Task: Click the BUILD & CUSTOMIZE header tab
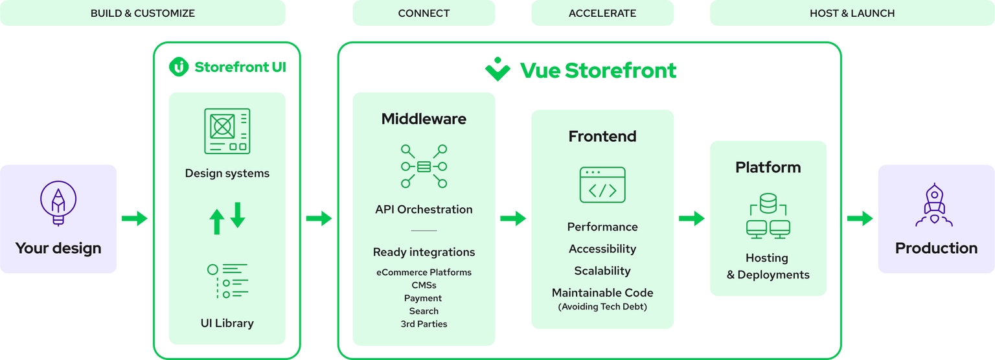point(143,13)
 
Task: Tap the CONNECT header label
point(424,14)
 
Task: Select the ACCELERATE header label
point(602,14)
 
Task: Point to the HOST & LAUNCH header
point(852,14)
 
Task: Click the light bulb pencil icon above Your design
point(58,203)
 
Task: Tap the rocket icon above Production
point(934,205)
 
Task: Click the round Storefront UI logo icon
point(179,67)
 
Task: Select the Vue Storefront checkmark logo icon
point(497,69)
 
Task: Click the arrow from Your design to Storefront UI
point(135,218)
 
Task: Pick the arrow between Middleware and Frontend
point(513,218)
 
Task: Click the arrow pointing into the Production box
point(860,218)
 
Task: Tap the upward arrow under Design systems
point(217,221)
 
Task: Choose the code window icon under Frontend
point(602,185)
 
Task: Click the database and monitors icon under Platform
point(768,216)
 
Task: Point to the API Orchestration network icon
point(424,166)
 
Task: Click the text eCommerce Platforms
point(424,272)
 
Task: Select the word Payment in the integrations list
point(423,298)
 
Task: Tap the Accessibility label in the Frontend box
point(602,249)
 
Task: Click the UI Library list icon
point(227,281)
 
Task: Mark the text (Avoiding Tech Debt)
point(602,306)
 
